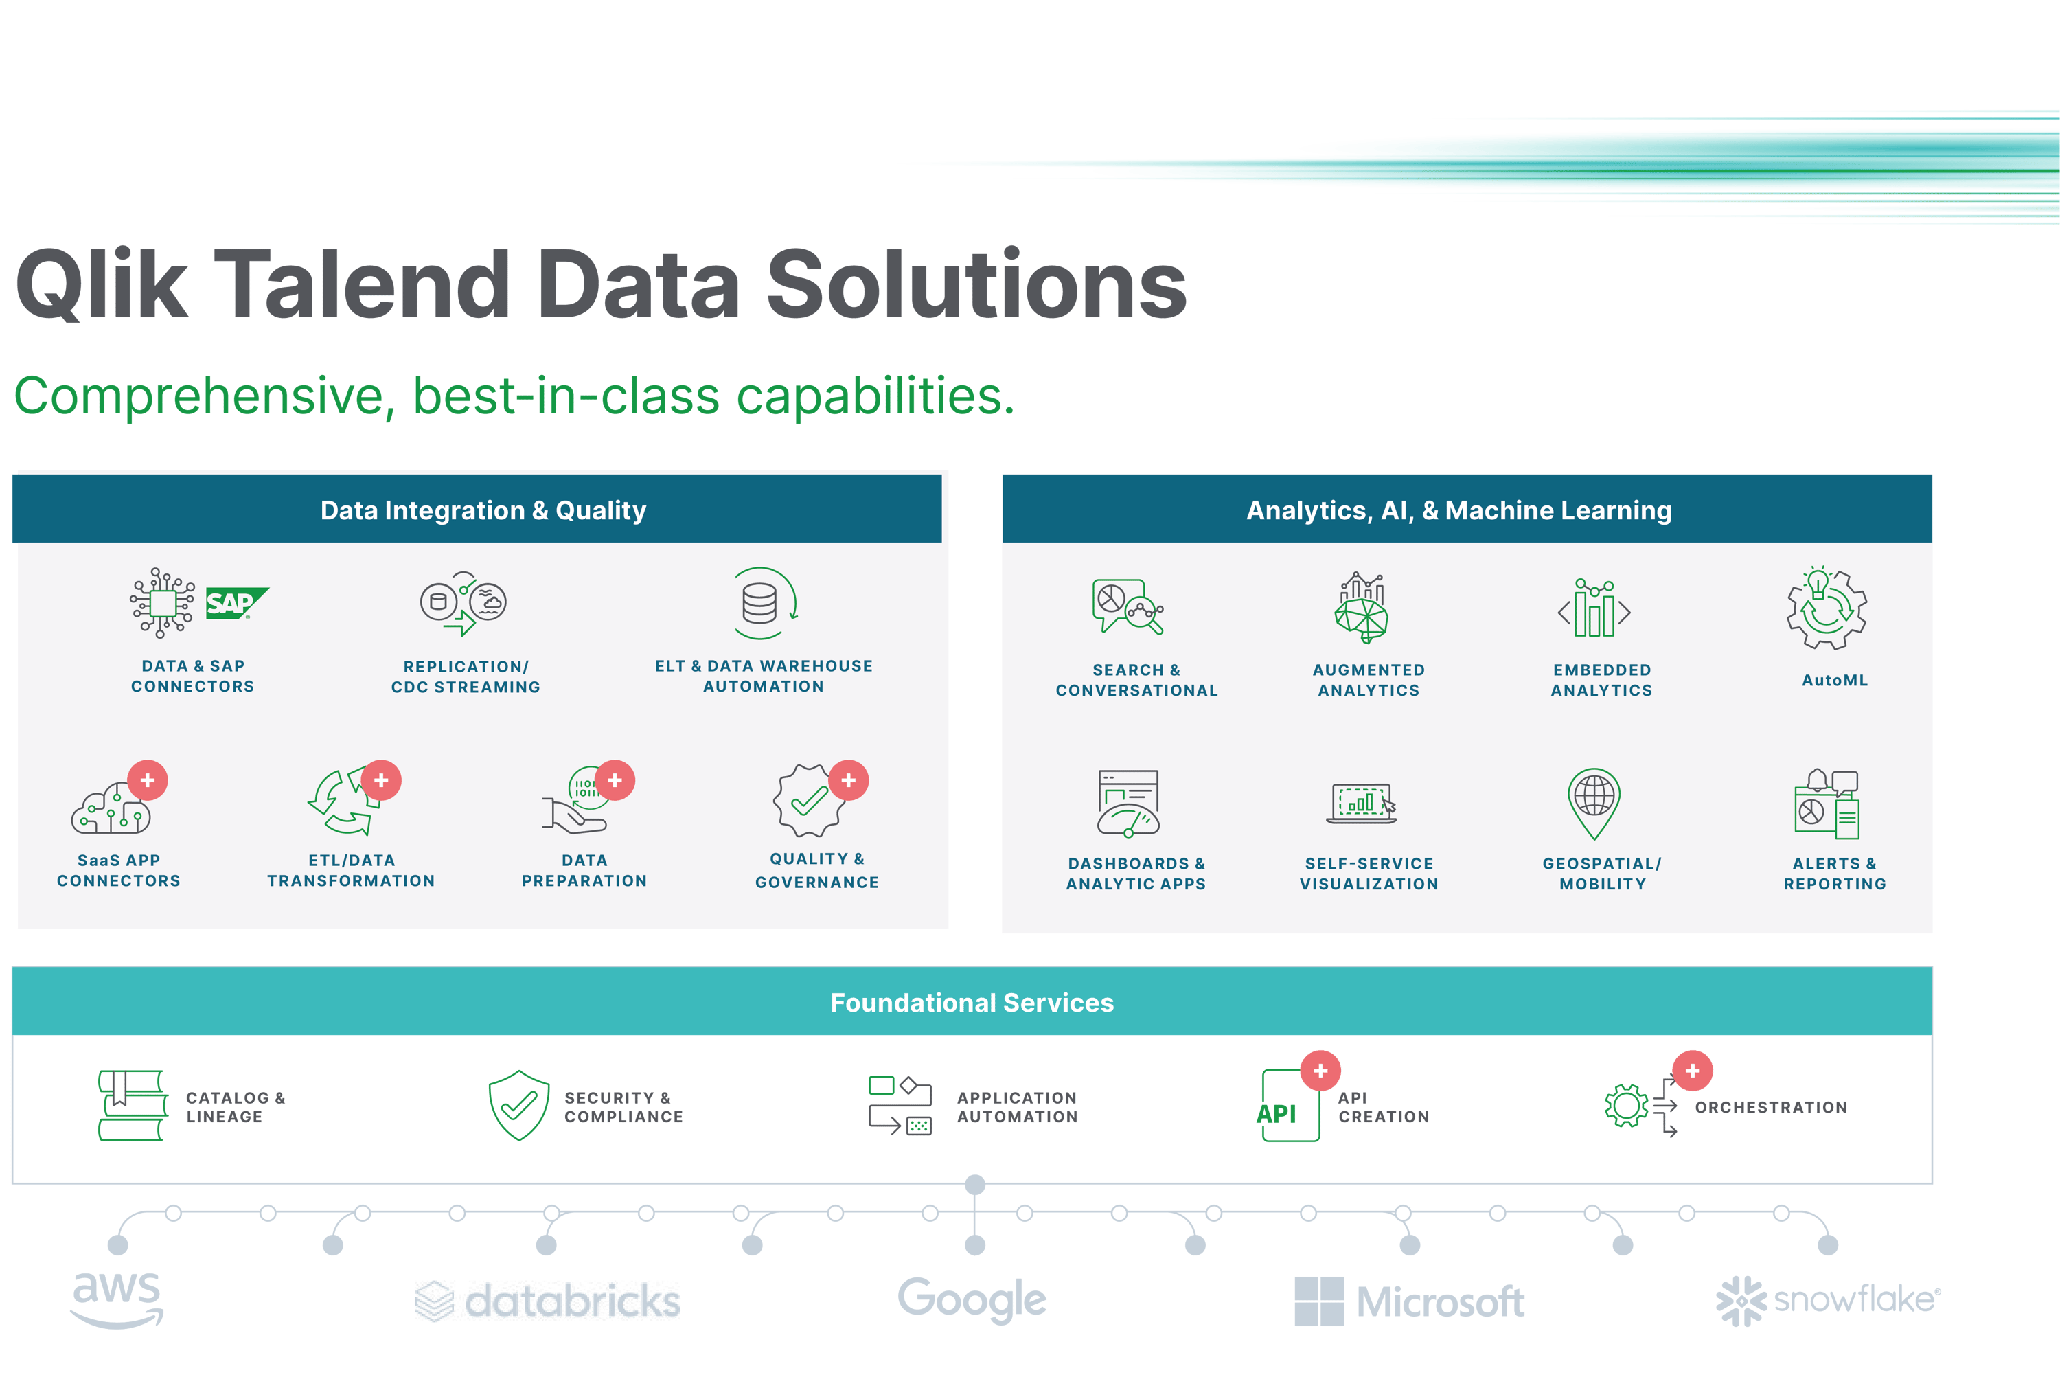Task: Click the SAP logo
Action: tap(236, 604)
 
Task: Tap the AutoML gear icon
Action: tap(1827, 610)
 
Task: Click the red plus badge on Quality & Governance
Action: tap(849, 780)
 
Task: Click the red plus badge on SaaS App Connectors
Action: tap(148, 780)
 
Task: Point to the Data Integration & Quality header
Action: tap(483, 511)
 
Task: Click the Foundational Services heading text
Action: tap(972, 1003)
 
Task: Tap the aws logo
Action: tap(117, 1299)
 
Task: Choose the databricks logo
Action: tap(548, 1300)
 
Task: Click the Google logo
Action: tap(972, 1299)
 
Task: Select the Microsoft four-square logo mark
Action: tap(1318, 1300)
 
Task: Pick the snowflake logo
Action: tap(1827, 1300)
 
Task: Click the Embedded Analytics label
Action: tap(1601, 680)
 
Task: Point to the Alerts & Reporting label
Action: tap(1834, 874)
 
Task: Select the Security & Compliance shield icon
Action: tap(519, 1105)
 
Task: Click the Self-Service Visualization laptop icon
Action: tap(1361, 803)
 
